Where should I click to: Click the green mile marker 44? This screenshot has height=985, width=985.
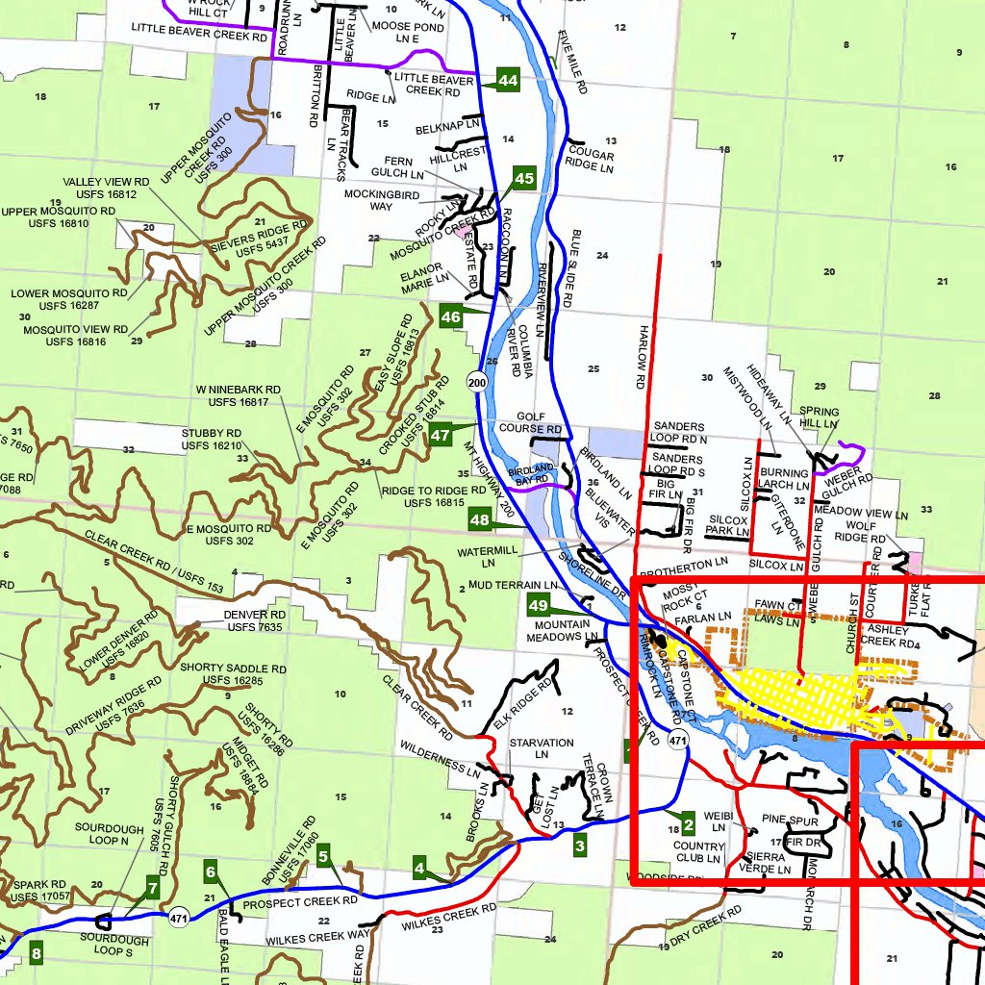click(508, 81)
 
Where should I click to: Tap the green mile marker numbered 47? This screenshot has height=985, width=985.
click(441, 434)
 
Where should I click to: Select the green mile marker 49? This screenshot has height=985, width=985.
click(538, 606)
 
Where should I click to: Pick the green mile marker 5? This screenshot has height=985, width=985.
click(323, 854)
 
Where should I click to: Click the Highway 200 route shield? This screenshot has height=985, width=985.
click(477, 383)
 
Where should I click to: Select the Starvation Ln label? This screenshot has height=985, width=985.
click(542, 748)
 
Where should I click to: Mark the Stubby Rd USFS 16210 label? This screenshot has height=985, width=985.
click(212, 440)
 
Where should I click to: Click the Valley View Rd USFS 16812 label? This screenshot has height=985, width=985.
click(106, 188)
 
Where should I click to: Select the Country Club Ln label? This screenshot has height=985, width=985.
click(698, 852)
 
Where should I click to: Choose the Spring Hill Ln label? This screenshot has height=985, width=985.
click(819, 417)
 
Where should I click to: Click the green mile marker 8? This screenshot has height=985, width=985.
click(37, 955)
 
